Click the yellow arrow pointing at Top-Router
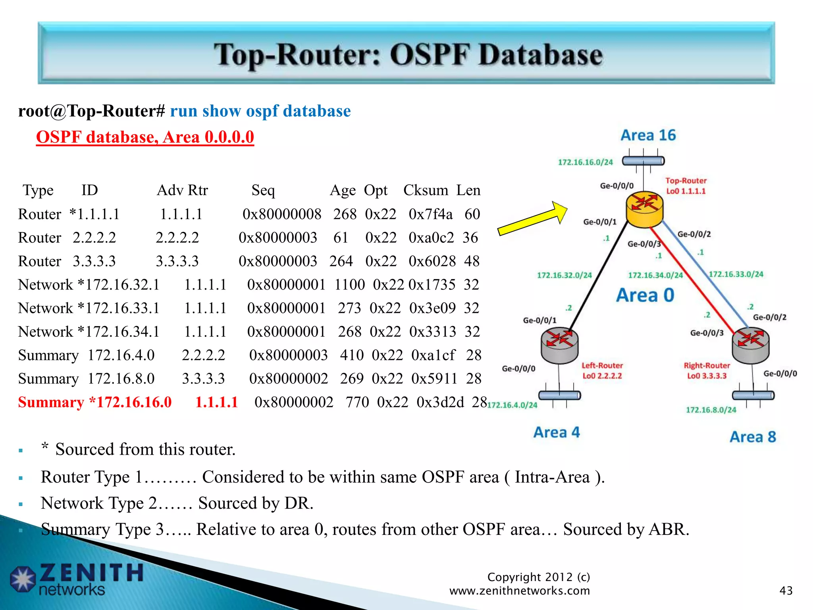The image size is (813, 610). (532, 218)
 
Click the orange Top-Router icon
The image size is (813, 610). (644, 209)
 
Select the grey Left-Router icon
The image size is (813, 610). (559, 346)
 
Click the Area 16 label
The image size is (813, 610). (648, 135)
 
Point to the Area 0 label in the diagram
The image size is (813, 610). (645, 295)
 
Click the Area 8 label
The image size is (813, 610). (753, 437)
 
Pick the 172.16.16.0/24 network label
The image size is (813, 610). (585, 162)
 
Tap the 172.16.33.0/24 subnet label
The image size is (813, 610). (736, 274)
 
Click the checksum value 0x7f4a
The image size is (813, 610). (430, 214)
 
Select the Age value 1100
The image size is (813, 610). (349, 285)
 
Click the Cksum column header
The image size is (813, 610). (426, 190)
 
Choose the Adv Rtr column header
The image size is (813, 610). (182, 190)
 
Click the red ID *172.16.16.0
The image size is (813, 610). (130, 402)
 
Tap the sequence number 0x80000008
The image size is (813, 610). (282, 214)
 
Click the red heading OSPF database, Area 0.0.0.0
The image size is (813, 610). (145, 137)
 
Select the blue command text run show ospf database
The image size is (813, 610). (260, 111)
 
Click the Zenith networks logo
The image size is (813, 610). (75, 579)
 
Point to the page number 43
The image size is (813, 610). (786, 591)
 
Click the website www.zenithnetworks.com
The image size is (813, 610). (519, 591)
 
